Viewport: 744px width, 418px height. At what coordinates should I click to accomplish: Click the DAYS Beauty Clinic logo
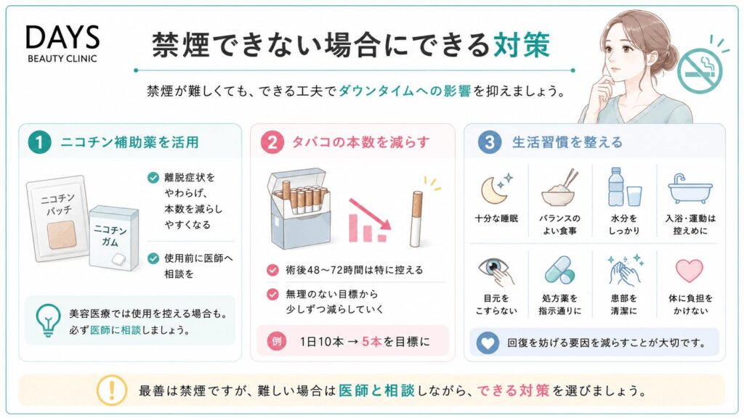pyautogui.click(x=62, y=44)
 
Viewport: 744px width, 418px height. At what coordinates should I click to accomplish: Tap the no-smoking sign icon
pyautogui.click(x=700, y=70)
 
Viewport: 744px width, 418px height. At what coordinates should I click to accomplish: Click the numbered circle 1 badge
pyautogui.click(x=39, y=142)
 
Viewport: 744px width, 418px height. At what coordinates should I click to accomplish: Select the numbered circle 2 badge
pyautogui.click(x=272, y=142)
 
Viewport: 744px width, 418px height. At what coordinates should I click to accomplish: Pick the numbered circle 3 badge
pyautogui.click(x=489, y=142)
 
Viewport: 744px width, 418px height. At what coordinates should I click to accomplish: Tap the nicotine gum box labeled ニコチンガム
pyautogui.click(x=114, y=238)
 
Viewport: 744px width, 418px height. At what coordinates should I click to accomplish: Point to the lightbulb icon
pyautogui.click(x=48, y=320)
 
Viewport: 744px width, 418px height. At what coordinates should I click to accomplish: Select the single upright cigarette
pyautogui.click(x=416, y=218)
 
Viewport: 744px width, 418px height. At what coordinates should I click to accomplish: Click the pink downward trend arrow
pyautogui.click(x=370, y=214)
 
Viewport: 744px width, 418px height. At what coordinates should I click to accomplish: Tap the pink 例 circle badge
pyautogui.click(x=276, y=341)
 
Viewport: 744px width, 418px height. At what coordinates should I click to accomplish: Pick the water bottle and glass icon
pyautogui.click(x=623, y=187)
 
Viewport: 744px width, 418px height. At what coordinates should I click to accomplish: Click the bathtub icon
pyautogui.click(x=690, y=189)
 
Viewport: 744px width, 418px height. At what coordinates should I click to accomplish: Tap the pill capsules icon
pyautogui.click(x=560, y=270)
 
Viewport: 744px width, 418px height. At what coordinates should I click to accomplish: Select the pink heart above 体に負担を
pyautogui.click(x=690, y=271)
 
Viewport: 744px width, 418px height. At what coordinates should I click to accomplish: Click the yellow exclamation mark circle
pyautogui.click(x=111, y=390)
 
